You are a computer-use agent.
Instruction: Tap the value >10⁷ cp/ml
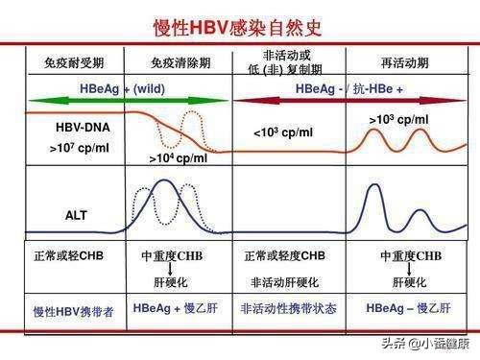tap(78, 150)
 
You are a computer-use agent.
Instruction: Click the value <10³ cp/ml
tap(283, 132)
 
